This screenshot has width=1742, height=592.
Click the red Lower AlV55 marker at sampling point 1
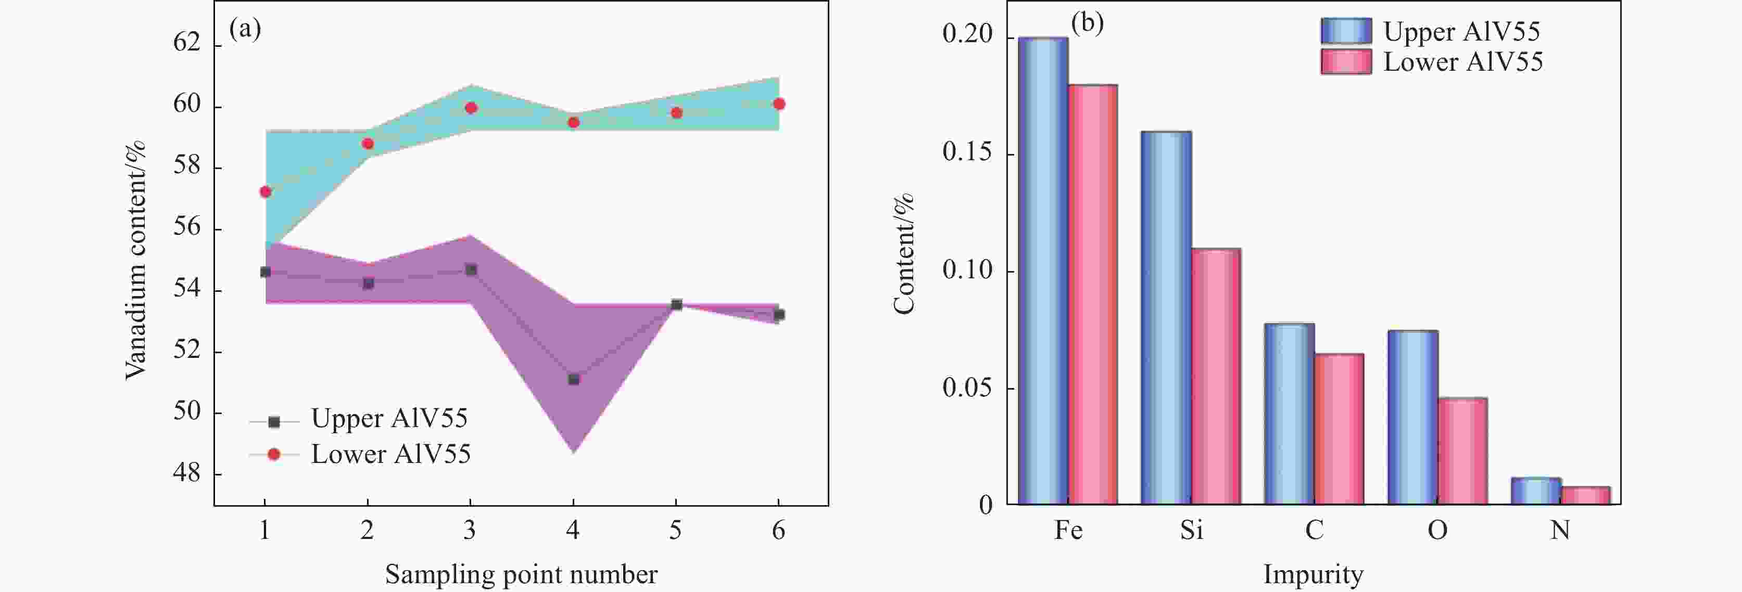tap(265, 192)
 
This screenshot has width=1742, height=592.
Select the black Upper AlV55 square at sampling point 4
tap(573, 380)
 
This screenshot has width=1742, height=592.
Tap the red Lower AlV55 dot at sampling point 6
tap(778, 104)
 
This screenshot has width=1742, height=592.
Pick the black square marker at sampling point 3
tap(471, 271)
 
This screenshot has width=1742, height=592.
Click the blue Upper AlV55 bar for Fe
tap(1043, 271)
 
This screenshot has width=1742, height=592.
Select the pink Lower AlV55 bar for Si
tap(1216, 377)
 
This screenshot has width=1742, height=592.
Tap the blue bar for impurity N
tap(1536, 491)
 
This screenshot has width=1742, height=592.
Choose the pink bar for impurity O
tap(1462, 452)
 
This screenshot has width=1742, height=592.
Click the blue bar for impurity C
tap(1290, 414)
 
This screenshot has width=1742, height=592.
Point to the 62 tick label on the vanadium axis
tap(186, 43)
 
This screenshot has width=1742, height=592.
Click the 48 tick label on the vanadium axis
tap(186, 472)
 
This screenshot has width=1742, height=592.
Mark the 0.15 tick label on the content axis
tap(968, 152)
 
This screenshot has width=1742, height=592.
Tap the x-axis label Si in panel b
tap(1192, 530)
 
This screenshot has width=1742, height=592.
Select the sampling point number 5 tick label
tap(676, 531)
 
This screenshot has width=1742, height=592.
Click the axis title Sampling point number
tap(521, 574)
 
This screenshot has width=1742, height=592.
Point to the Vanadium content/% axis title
tap(135, 260)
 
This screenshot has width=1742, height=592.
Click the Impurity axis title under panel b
tap(1313, 574)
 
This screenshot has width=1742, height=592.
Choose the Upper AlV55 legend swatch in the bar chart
tap(1346, 31)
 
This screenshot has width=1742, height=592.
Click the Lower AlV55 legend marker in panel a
tap(274, 454)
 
